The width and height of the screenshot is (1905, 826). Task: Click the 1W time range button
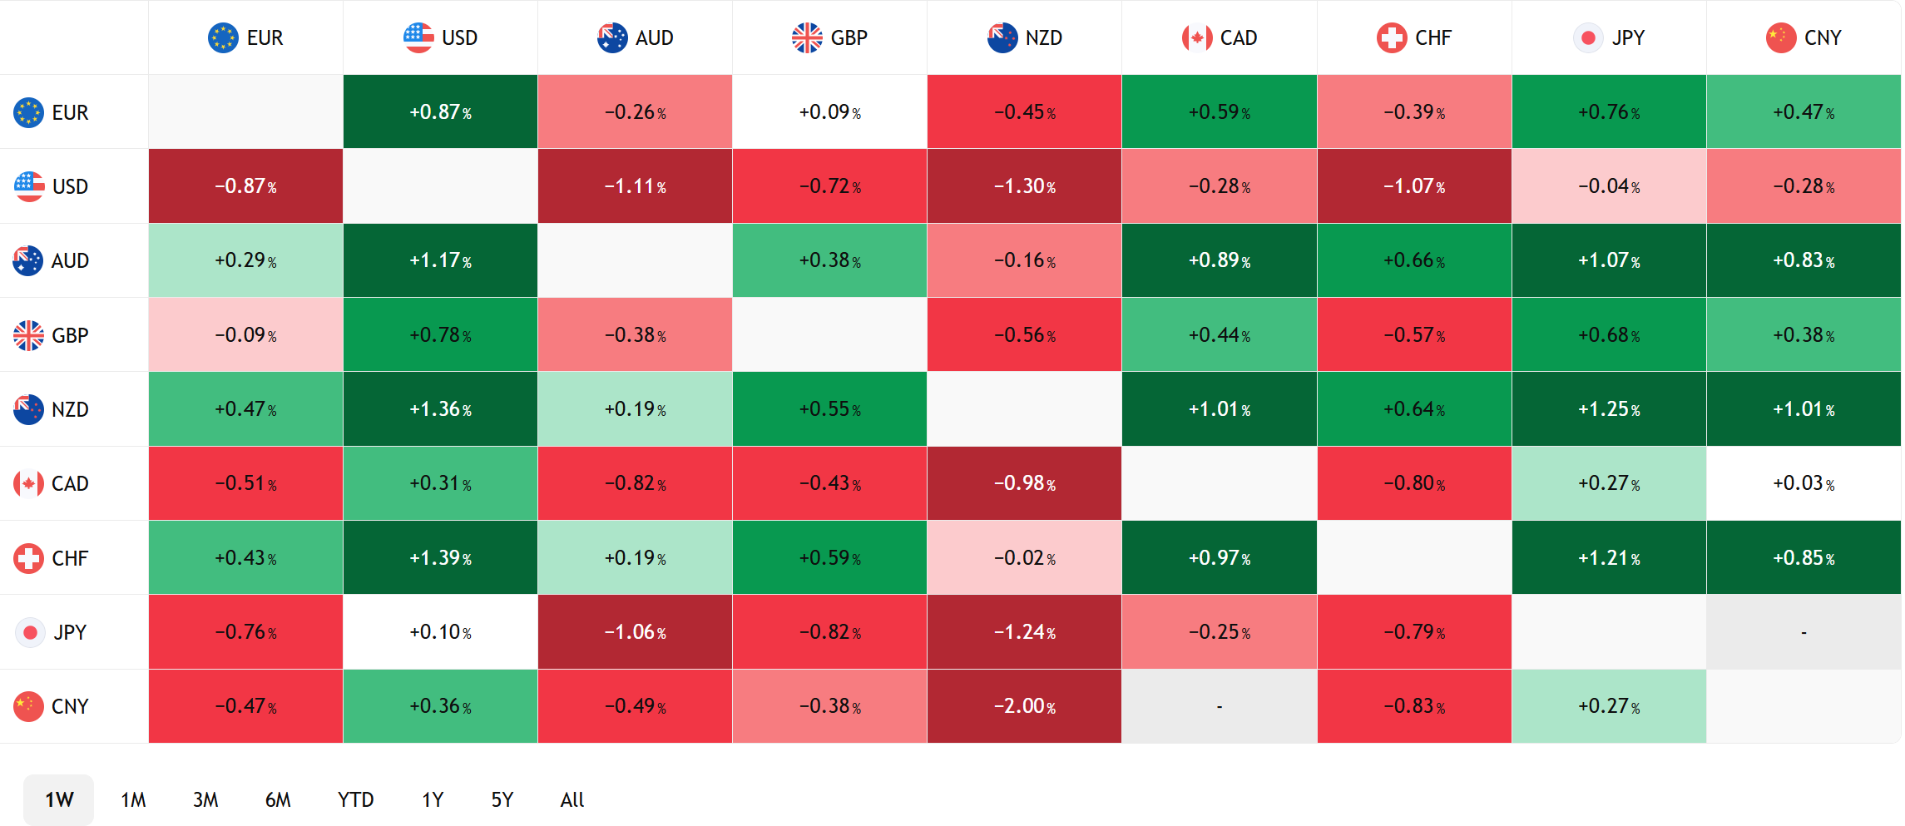(x=59, y=799)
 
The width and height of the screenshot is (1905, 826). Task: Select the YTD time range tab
(x=355, y=799)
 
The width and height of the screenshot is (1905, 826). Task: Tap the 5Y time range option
(x=502, y=799)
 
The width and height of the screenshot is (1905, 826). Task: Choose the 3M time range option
(x=205, y=799)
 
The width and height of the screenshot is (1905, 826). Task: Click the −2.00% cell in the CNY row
(x=1024, y=706)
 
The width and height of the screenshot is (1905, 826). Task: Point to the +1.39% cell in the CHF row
(x=440, y=557)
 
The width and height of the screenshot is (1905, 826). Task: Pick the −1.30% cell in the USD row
(x=1024, y=186)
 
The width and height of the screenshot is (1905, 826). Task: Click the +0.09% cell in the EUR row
(x=829, y=111)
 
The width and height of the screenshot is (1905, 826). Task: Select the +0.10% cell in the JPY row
(x=440, y=632)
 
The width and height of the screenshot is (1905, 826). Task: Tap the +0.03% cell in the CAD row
(x=1804, y=483)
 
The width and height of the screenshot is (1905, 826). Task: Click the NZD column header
(x=1025, y=37)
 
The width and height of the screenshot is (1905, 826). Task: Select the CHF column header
(x=1414, y=37)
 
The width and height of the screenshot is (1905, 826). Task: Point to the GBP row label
(x=52, y=335)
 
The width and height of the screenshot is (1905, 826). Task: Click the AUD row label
(x=52, y=260)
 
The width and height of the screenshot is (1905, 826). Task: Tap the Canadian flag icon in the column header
(x=1197, y=37)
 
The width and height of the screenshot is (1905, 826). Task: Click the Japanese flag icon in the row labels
(x=30, y=632)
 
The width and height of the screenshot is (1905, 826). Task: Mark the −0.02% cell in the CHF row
(x=1024, y=557)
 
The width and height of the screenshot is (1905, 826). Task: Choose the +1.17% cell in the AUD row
(x=440, y=260)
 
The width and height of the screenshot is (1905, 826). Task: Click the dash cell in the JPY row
(x=1804, y=632)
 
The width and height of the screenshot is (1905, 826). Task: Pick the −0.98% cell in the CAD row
(x=1024, y=483)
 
